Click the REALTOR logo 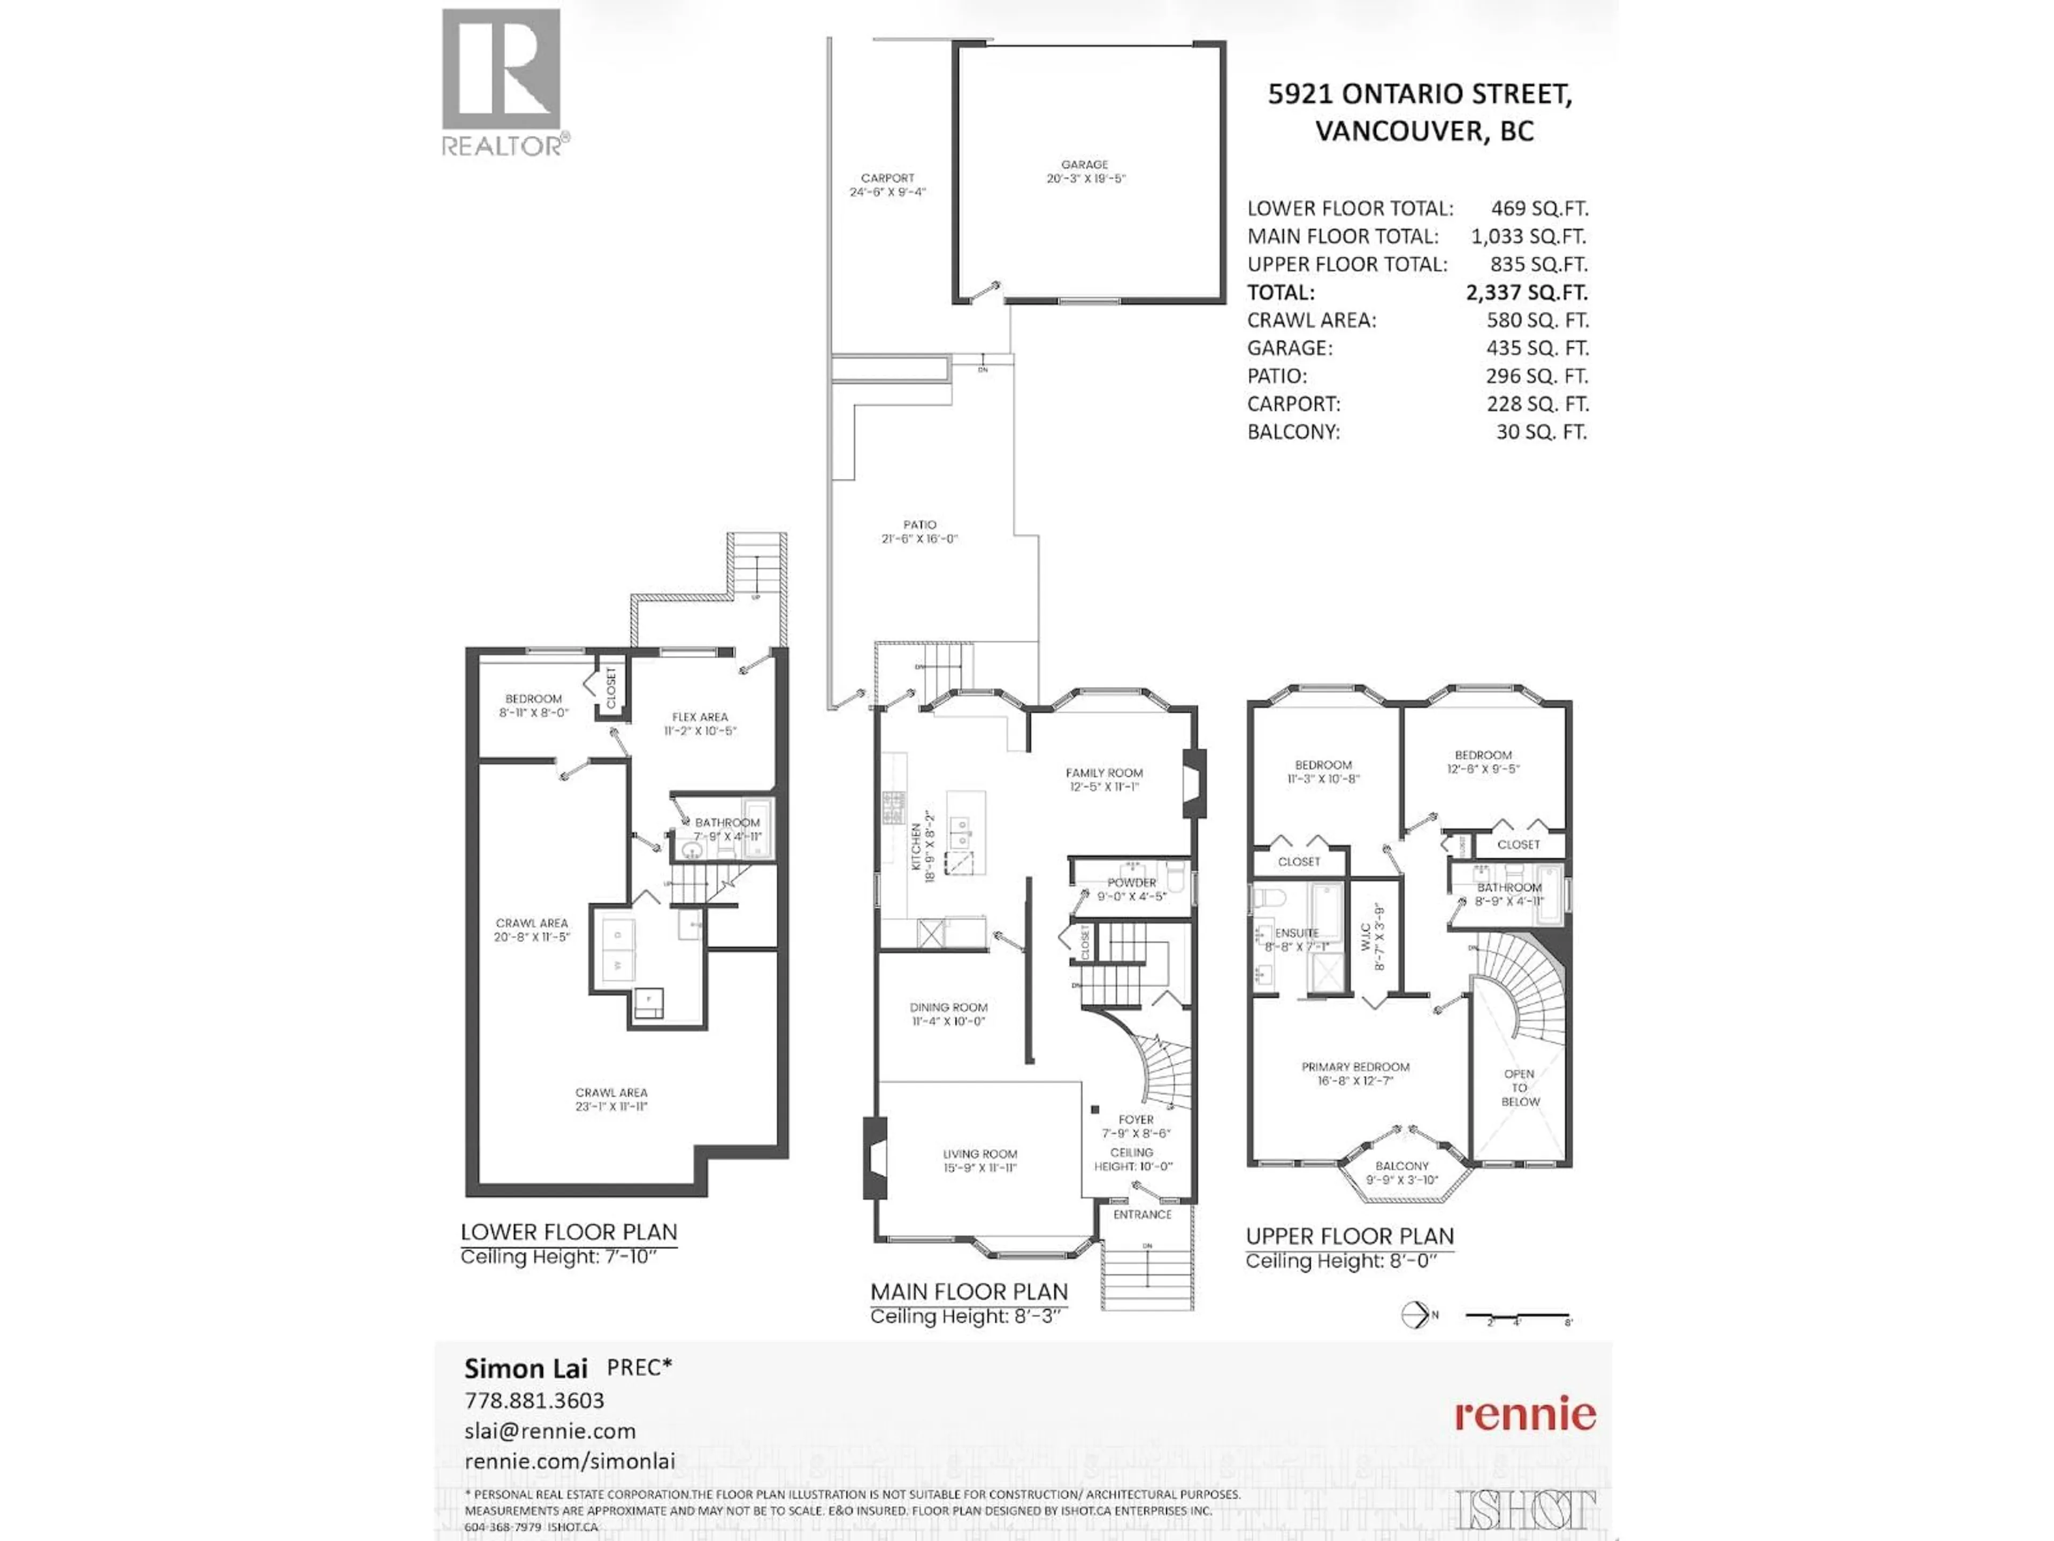click(x=501, y=82)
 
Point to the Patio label click(x=919, y=531)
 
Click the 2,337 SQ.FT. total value click(x=1526, y=293)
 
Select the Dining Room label click(x=948, y=1013)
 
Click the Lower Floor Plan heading click(x=568, y=1233)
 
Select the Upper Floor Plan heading click(x=1349, y=1237)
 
